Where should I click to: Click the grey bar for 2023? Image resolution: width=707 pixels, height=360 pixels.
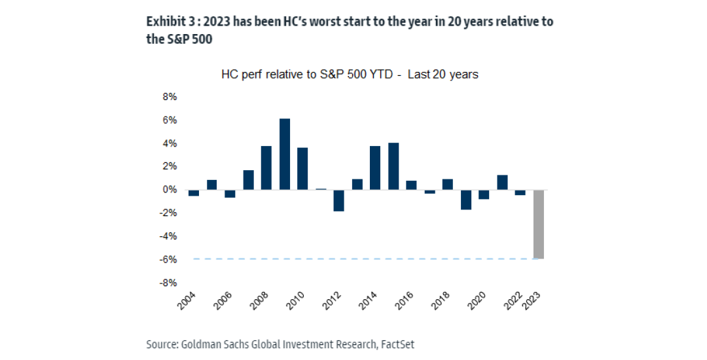[x=539, y=224]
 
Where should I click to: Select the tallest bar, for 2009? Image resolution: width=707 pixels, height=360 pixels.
[x=285, y=154]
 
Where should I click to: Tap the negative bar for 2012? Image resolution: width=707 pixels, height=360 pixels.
[x=339, y=200]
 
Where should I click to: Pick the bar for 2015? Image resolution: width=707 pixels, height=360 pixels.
[x=393, y=166]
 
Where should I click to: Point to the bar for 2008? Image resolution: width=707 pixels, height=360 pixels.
[x=266, y=168]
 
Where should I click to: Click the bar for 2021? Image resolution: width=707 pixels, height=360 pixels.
[x=502, y=183]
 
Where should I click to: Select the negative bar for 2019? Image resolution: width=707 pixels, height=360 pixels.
[x=466, y=200]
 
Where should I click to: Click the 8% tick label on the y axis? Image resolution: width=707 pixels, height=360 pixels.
[x=169, y=97]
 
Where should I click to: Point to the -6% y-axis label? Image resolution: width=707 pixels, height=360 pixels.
[x=168, y=259]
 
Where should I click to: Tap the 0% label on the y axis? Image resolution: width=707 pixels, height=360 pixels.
[x=169, y=190]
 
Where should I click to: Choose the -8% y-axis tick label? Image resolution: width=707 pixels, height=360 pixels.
[x=168, y=283]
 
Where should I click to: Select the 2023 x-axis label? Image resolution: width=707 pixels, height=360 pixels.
[x=535, y=303]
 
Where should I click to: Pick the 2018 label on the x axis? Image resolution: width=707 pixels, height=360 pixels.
[x=444, y=303]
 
